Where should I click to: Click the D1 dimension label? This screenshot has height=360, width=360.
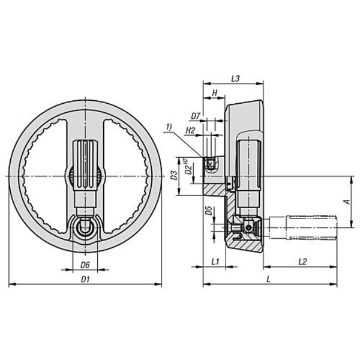[85, 279]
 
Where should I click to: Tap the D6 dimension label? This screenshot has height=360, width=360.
[85, 265]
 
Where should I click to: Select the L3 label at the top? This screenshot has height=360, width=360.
[235, 79]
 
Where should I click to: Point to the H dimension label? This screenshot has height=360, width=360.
[215, 93]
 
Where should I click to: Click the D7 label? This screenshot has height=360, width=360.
[196, 116]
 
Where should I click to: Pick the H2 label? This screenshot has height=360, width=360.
[190, 131]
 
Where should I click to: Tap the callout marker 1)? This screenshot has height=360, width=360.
[169, 127]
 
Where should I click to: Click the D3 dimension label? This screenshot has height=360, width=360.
[175, 175]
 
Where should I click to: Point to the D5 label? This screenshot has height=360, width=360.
[209, 211]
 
